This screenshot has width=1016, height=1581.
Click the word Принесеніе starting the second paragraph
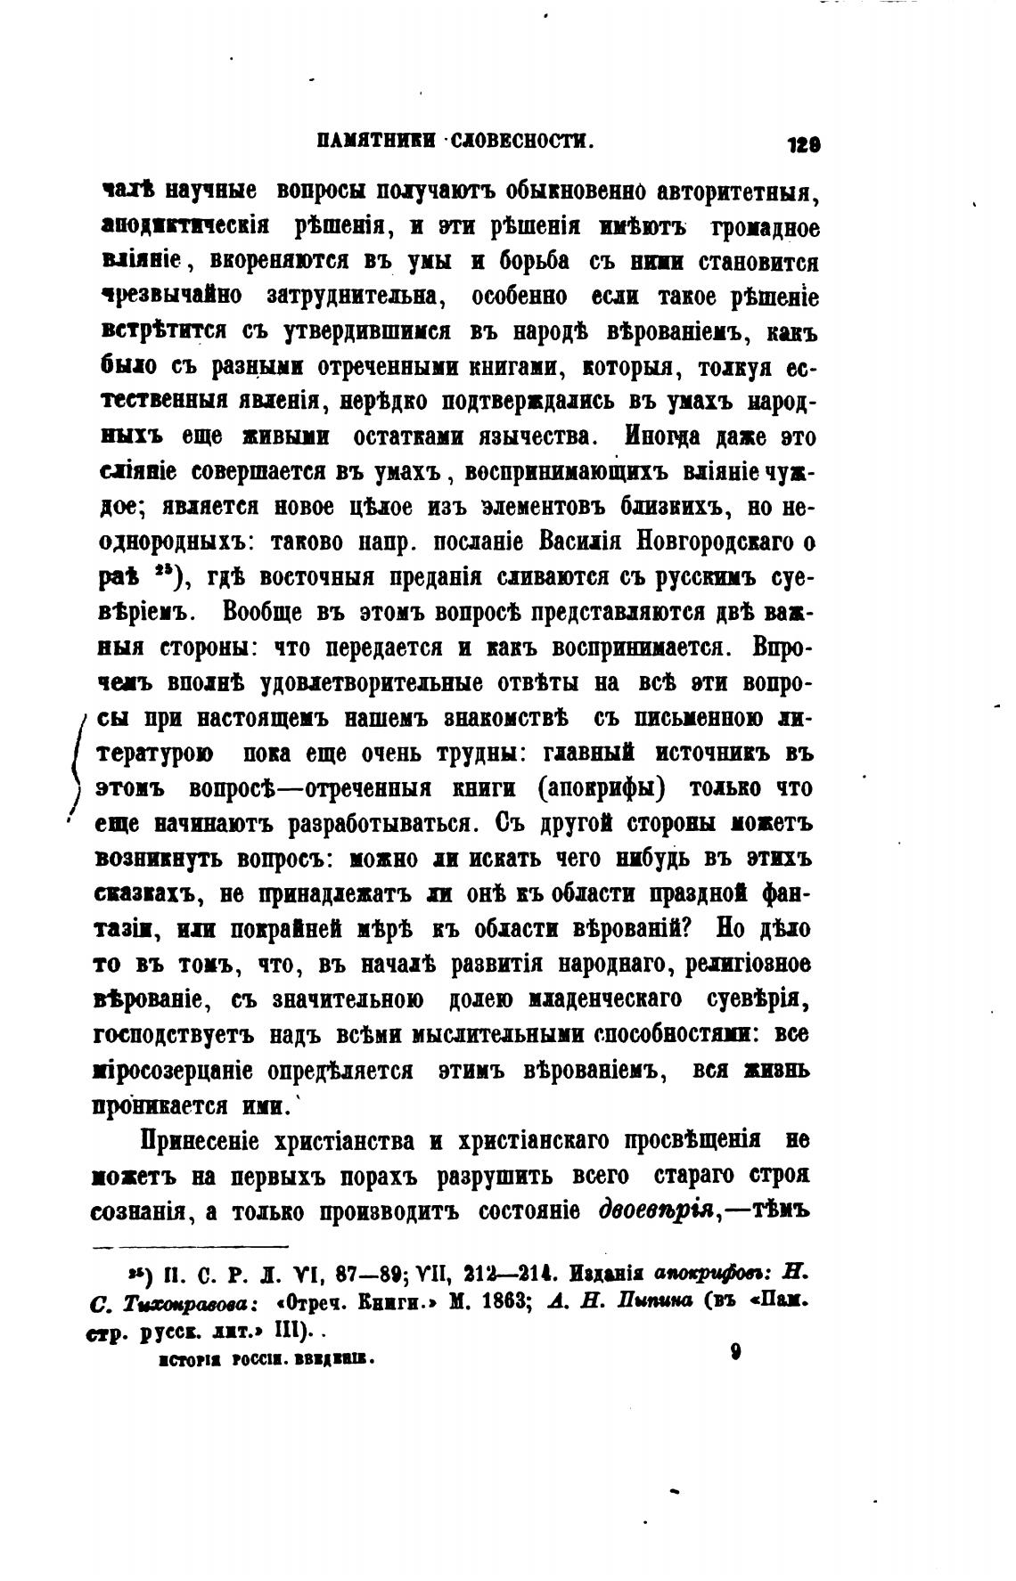click(x=198, y=1141)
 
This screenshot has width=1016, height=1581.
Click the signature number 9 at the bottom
click(x=735, y=1352)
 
